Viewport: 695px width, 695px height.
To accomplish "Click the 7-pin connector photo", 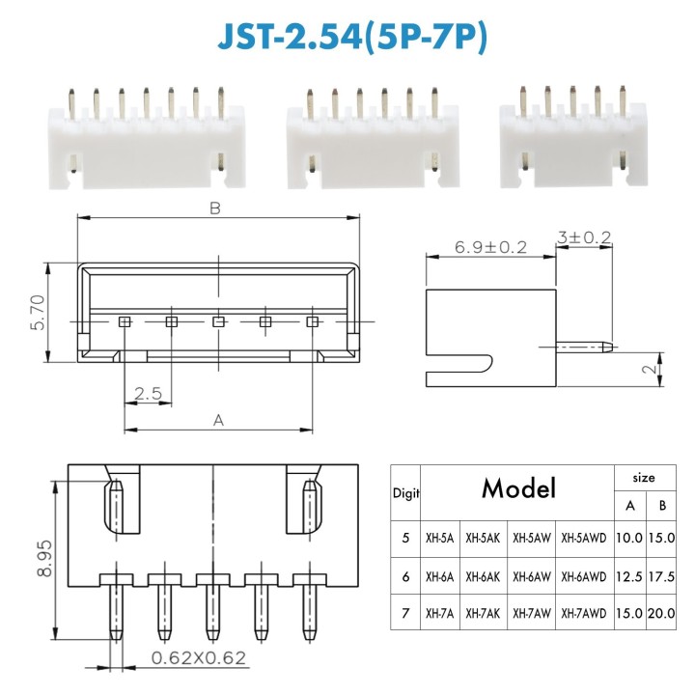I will coord(144,140).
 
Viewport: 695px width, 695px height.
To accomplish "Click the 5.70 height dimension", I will coord(36,314).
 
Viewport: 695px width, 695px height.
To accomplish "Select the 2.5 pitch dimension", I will coord(147,393).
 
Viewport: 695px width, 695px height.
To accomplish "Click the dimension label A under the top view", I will coord(218,420).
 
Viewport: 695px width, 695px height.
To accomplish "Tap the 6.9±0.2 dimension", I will coord(490,248).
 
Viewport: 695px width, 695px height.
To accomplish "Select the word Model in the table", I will coord(519,488).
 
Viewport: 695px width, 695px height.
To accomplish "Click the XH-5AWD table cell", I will coord(583,538).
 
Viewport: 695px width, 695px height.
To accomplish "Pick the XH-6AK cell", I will coord(485,575).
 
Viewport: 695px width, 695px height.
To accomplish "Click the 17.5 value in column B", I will coord(661,575).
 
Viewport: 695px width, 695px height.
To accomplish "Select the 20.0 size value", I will coord(661,613).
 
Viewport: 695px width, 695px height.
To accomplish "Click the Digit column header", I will coord(405,492).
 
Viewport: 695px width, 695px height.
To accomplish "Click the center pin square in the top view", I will coord(218,321).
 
